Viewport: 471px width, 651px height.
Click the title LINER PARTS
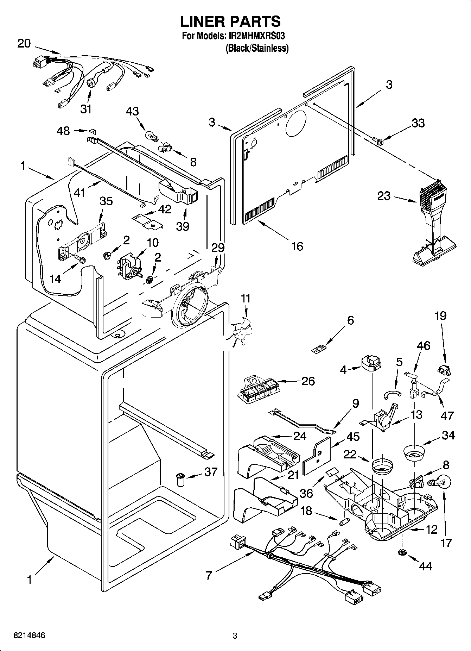[x=230, y=21]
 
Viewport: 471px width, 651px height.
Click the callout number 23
[x=384, y=196]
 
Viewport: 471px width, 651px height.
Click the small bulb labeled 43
[x=150, y=134]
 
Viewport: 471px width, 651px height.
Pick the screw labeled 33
[x=379, y=141]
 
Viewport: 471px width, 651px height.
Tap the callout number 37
[x=211, y=472]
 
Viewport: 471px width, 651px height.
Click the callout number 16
[x=297, y=246]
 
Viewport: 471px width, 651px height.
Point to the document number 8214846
[x=29, y=635]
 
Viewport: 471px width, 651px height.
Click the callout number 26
[x=308, y=381]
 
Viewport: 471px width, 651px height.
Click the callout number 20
[x=24, y=44]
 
